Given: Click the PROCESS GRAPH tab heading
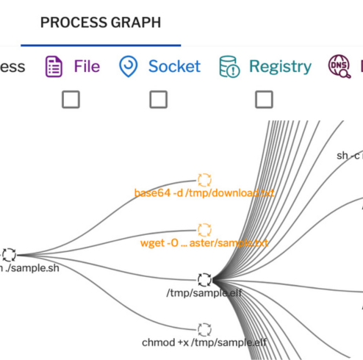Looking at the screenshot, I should point(101,22).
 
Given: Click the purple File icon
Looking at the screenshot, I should point(54,67).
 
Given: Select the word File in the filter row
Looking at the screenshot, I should point(87,67).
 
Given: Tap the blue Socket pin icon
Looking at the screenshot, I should point(129,67).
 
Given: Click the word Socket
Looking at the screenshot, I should point(174,67).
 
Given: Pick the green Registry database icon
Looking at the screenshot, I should point(229,67).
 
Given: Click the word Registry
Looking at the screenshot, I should point(280,67).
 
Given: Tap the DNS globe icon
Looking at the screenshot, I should point(339,67).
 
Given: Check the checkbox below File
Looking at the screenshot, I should point(71,99).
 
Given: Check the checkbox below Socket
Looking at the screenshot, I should point(158,99).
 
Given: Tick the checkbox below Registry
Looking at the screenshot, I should point(264,99).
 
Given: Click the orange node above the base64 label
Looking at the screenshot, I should point(204,180).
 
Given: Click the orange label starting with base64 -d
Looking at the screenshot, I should point(204,193).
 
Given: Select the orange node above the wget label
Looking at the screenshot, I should point(204,230).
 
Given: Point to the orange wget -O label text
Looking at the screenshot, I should point(204,243).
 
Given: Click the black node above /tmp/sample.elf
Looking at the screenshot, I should point(204,279).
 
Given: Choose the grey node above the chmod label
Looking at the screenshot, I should point(204,328).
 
